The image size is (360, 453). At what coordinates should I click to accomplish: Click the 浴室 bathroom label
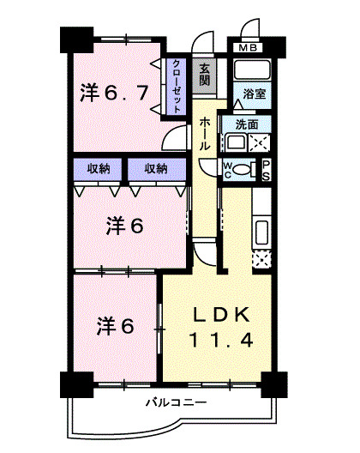[253, 93]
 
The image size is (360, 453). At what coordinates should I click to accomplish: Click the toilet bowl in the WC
[243, 169]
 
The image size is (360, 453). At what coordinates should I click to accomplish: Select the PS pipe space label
[266, 168]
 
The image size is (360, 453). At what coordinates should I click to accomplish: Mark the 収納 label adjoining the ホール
[156, 168]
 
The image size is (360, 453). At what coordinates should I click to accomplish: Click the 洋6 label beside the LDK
[116, 325]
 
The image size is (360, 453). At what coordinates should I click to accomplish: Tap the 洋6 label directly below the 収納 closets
[124, 227]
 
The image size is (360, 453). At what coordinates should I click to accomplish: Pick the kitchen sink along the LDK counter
[263, 231]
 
